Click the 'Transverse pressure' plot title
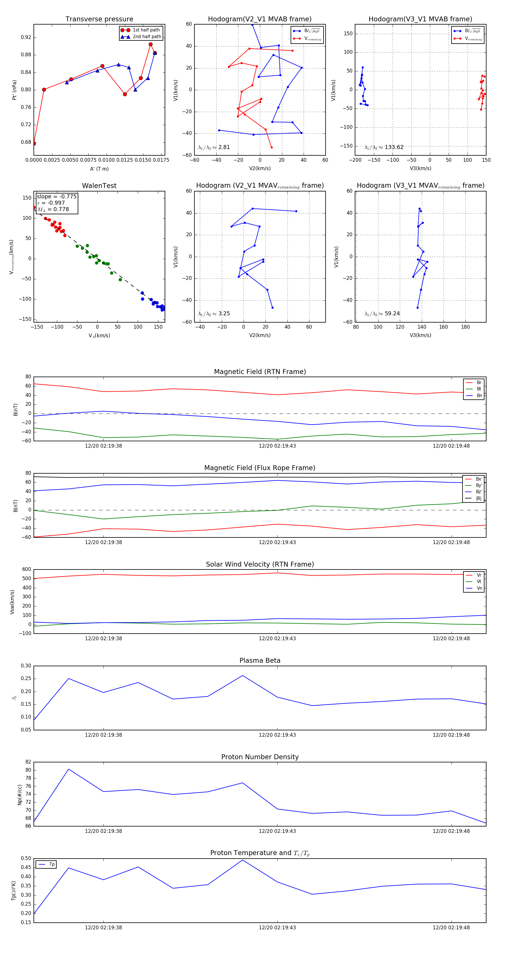click(99, 19)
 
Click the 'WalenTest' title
click(99, 186)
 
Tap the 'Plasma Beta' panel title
click(260, 661)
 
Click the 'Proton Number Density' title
click(260, 757)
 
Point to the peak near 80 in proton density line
click(68, 769)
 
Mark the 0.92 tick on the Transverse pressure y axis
click(26, 37)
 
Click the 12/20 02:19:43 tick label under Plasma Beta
click(277, 735)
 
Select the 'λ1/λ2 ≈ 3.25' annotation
click(214, 314)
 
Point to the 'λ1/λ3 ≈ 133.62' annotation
click(384, 147)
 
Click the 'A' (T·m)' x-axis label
click(99, 169)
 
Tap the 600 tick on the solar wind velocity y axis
click(27, 569)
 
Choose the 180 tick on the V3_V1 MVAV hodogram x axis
click(465, 327)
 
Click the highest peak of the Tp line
click(242, 860)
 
